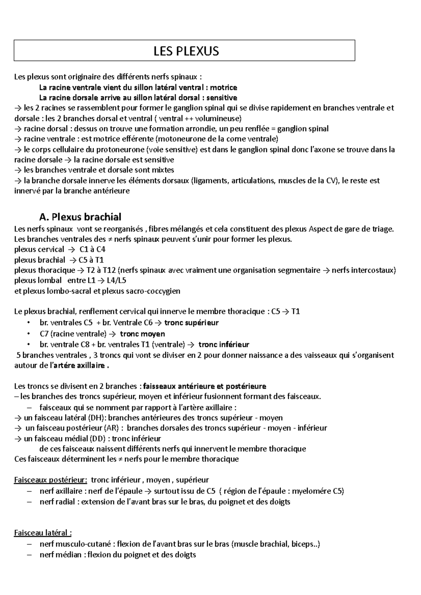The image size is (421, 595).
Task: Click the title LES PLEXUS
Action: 186,51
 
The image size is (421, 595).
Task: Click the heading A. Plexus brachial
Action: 80,217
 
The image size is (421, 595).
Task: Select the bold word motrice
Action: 223,87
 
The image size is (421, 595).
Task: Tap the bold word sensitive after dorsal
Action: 222,97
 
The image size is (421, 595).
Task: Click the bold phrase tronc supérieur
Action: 191,323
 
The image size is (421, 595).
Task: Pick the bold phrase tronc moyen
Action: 142,334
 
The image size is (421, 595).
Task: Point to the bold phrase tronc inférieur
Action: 224,344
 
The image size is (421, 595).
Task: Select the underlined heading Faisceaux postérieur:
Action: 51,480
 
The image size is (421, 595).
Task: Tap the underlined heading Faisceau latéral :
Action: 43,533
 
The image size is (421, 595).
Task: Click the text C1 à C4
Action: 93,249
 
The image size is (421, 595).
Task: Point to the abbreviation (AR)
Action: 114,428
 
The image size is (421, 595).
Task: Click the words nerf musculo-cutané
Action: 75,544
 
